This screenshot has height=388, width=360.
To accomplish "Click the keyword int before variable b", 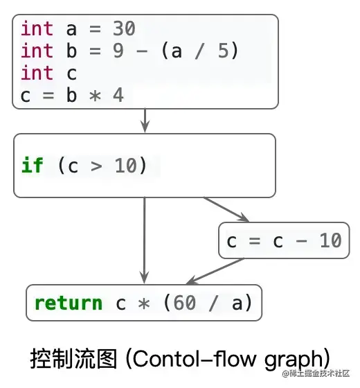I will pos(37,51).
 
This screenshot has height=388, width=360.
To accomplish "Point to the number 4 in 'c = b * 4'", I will pos(118,94).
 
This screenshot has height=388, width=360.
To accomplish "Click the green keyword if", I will pos(32,166).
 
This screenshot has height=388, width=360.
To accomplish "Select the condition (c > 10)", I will pos(102,166).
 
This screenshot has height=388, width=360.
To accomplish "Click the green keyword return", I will pos(68,303).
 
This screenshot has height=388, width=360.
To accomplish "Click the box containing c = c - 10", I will pos(284,240).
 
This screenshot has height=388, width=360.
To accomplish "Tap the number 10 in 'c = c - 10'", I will pos(330,240).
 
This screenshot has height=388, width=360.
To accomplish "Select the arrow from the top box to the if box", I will pos(145,121).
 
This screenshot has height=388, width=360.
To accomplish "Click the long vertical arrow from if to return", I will pos(144,239).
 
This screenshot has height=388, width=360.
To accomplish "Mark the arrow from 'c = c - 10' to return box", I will pos(215,272).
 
